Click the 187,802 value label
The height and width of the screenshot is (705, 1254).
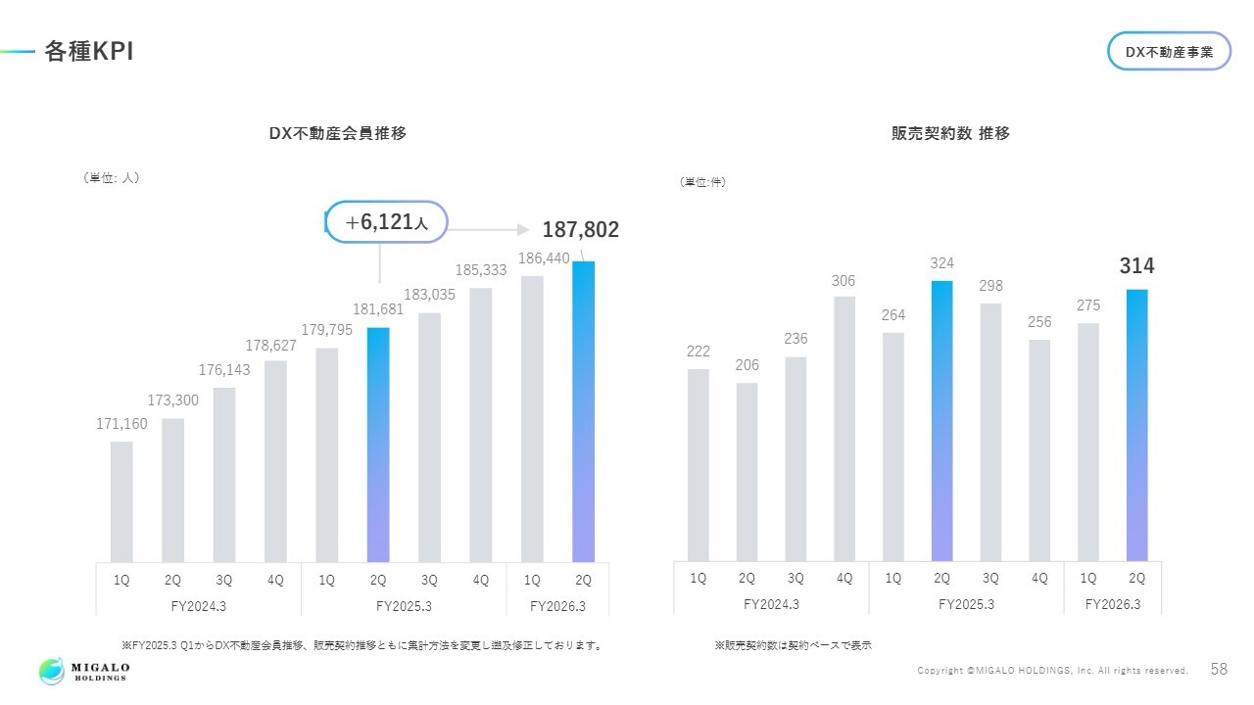[x=581, y=230]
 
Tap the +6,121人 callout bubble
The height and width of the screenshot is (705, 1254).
[x=386, y=223]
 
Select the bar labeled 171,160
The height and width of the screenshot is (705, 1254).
[x=121, y=501]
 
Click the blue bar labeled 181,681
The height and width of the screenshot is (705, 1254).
[x=378, y=445]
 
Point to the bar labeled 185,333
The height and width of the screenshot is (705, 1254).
[x=481, y=424]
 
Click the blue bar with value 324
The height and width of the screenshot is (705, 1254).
[x=941, y=421]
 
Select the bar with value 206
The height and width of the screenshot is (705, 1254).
[x=747, y=472]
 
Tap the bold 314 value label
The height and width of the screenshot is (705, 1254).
[x=1137, y=266]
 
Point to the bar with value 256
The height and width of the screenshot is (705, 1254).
[x=1039, y=450]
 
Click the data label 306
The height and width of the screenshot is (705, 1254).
[x=844, y=281]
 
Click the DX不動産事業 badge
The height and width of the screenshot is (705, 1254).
[x=1169, y=52]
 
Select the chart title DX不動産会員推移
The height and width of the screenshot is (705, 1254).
[x=337, y=134]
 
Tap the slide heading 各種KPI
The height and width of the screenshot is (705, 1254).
[x=88, y=53]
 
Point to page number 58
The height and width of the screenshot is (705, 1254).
[x=1219, y=670]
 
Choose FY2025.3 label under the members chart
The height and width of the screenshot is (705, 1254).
[x=404, y=606]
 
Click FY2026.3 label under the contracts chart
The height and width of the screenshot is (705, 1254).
[x=1112, y=604]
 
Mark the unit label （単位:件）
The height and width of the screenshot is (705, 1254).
[x=703, y=182]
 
